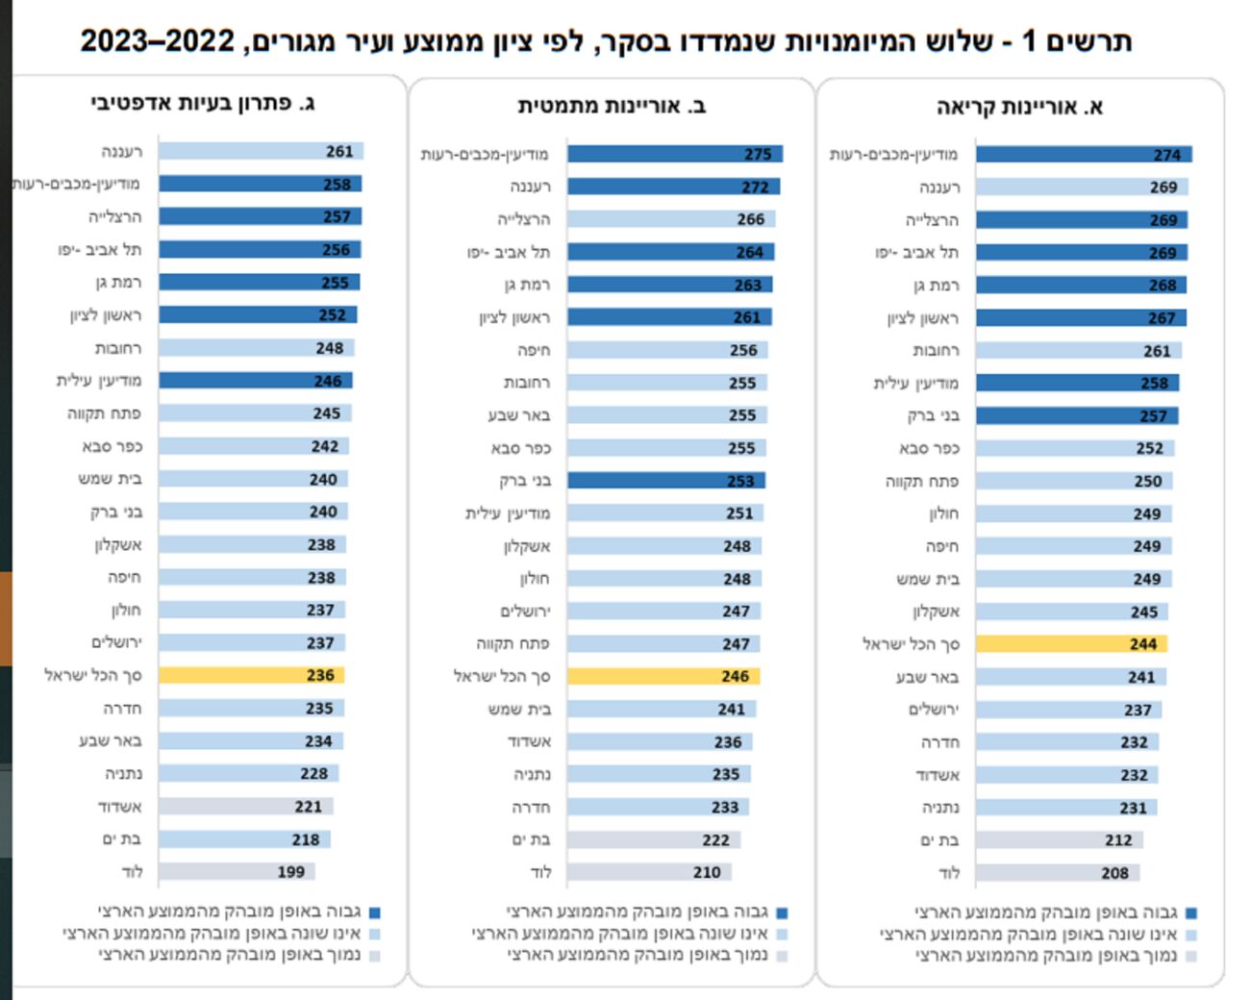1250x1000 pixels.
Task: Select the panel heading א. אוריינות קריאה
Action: [1019, 107]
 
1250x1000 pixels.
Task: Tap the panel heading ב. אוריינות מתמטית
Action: [612, 106]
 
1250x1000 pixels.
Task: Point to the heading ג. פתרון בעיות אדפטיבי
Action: [203, 103]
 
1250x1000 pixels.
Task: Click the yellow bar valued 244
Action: [1071, 644]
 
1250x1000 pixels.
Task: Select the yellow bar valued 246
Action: [663, 676]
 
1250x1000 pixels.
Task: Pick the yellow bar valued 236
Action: [251, 675]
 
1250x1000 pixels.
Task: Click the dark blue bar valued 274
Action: [1084, 154]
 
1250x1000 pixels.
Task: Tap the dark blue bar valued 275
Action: [675, 154]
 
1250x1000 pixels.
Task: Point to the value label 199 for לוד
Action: [291, 872]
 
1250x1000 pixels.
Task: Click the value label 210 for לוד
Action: [707, 872]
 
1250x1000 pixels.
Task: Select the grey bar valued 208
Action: [1057, 873]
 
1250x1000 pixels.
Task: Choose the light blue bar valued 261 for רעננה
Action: [261, 151]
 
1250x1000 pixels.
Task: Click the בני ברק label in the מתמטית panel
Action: [525, 481]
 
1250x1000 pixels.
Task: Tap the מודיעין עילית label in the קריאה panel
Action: [915, 383]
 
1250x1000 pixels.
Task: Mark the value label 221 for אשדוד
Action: [309, 807]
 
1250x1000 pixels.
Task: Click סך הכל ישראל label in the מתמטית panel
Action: [502, 676]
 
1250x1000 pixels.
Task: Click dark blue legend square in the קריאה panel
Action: [1192, 913]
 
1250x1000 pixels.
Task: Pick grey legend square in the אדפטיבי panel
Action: [375, 956]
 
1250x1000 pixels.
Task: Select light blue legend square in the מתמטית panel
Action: [783, 934]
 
